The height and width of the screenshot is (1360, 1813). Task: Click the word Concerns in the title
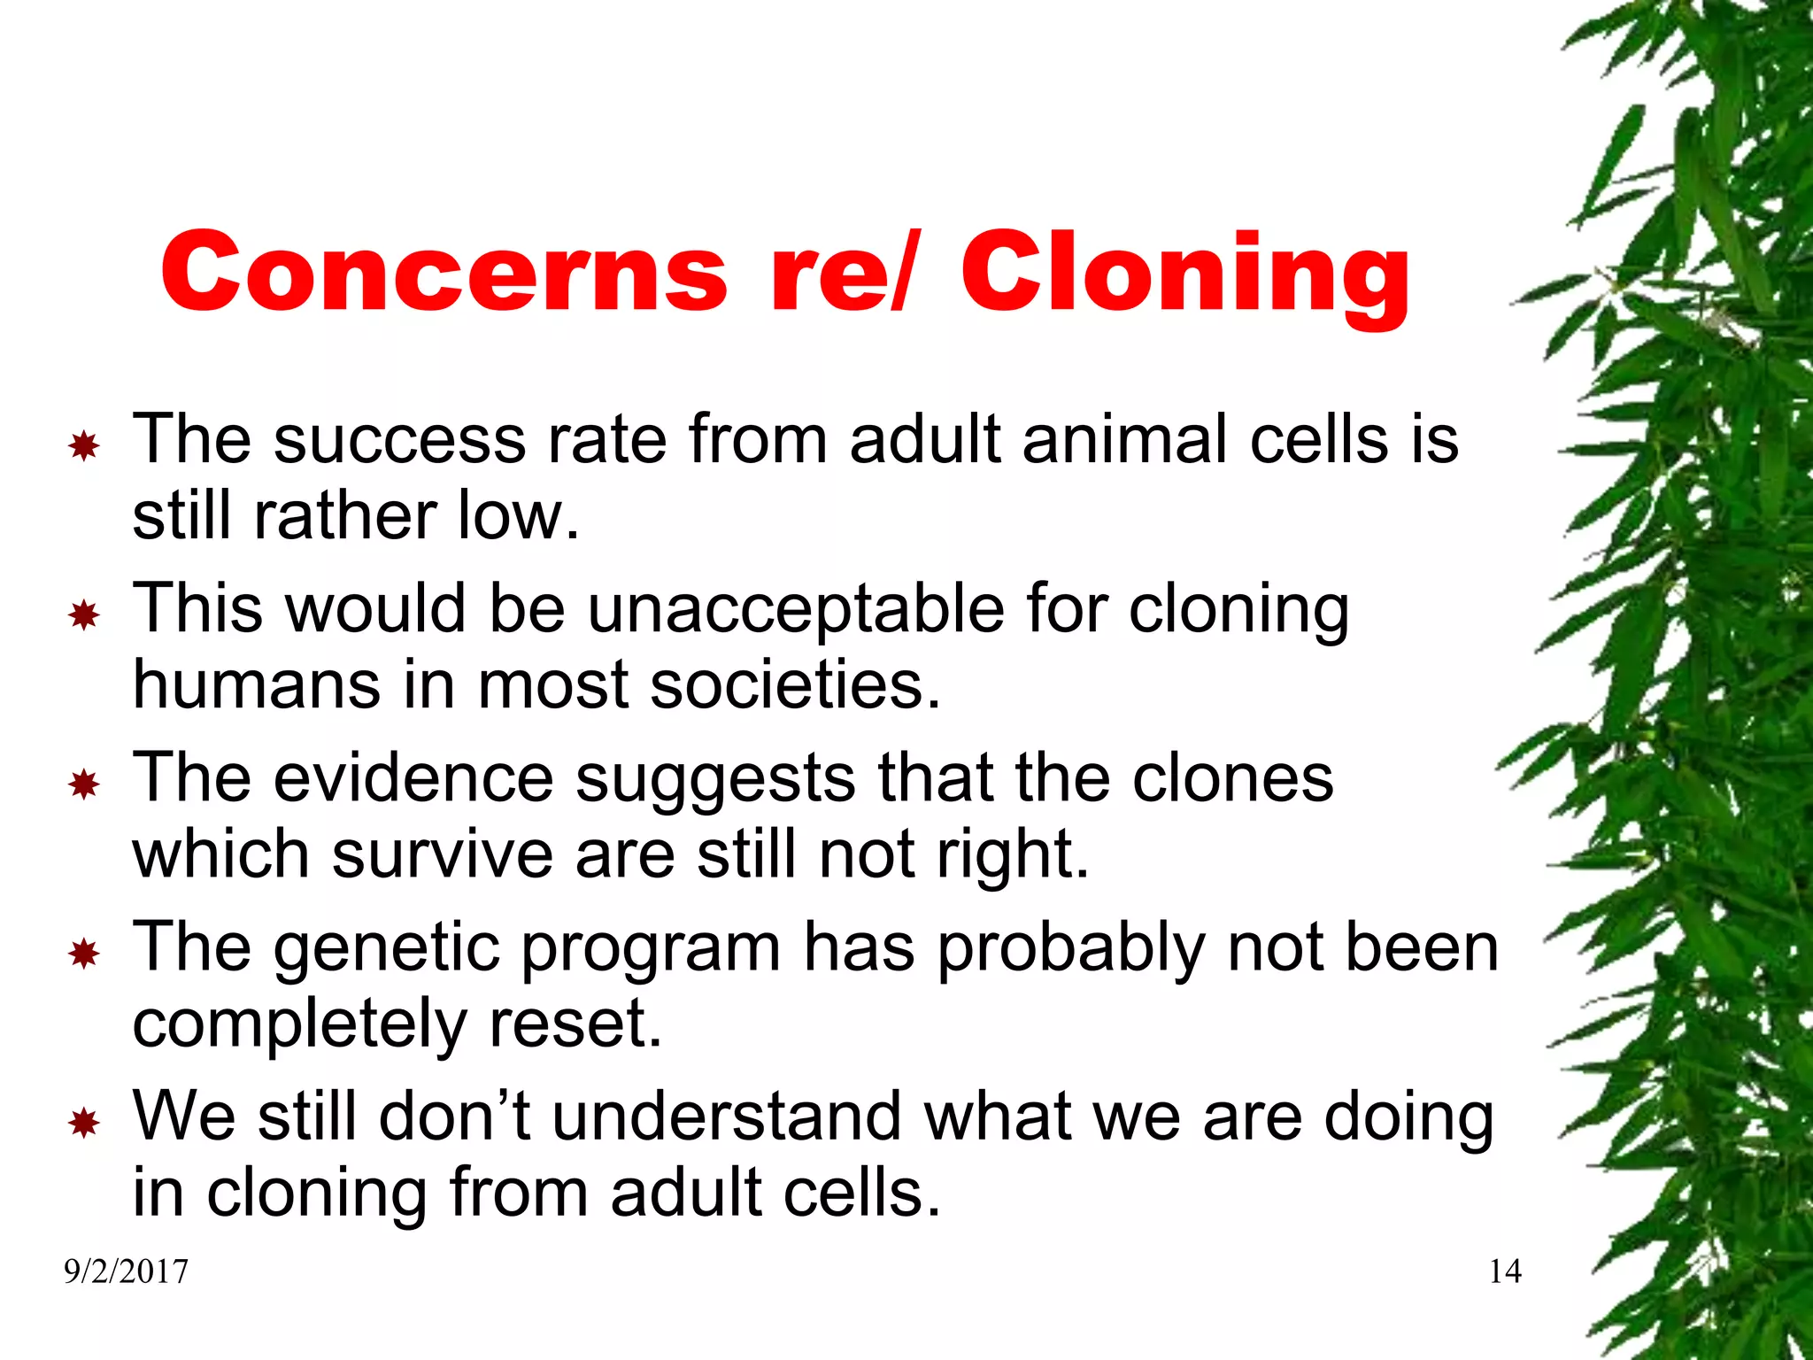pyautogui.click(x=443, y=272)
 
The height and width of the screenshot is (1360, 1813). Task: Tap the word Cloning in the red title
pyautogui.click(x=1184, y=272)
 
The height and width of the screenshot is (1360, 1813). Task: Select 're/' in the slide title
pyautogui.click(x=841, y=272)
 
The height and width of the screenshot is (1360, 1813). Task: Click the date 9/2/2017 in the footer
pyautogui.click(x=126, y=1272)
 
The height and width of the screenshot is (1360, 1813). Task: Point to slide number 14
pyautogui.click(x=1505, y=1272)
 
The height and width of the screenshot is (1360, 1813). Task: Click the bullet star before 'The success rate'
pyautogui.click(x=84, y=445)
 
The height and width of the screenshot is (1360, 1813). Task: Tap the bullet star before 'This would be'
pyautogui.click(x=84, y=614)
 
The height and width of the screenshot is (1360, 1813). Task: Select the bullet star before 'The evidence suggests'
pyautogui.click(x=84, y=784)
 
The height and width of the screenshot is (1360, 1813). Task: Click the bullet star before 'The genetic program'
pyautogui.click(x=84, y=954)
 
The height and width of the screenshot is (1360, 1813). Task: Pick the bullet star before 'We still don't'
pyautogui.click(x=84, y=1123)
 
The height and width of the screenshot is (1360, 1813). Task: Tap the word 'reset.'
pyautogui.click(x=575, y=1024)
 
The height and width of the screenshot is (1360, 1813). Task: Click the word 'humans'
pyautogui.click(x=257, y=685)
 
